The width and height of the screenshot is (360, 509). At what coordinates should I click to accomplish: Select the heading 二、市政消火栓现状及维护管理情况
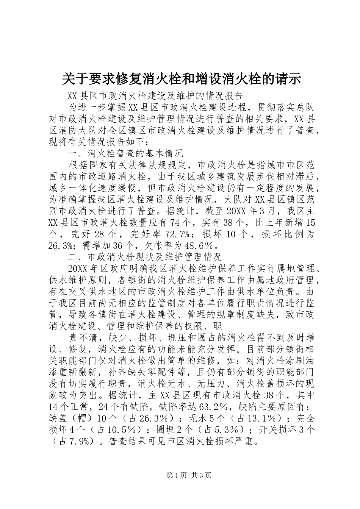(145, 257)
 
